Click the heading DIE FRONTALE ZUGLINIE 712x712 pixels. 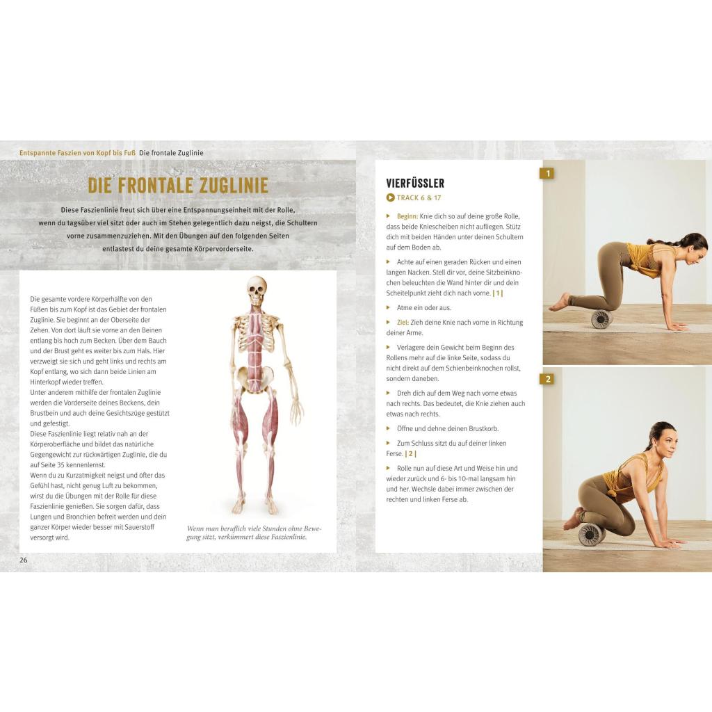coord(178,185)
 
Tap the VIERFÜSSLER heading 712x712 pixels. coord(415,184)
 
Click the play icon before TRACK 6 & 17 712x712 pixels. coord(390,197)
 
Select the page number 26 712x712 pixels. coord(24,560)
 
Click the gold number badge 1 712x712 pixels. coord(548,173)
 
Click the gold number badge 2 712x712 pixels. coord(548,379)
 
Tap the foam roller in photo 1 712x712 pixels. coord(601,318)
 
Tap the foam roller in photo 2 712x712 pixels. coord(590,534)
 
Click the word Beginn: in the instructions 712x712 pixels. coord(407,217)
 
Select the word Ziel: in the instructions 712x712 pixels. coord(403,323)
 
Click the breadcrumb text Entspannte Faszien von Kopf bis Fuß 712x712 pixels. coord(77,153)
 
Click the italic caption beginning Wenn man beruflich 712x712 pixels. coord(254,533)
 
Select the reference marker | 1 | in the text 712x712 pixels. coord(498,293)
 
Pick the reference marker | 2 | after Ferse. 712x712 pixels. coord(410,453)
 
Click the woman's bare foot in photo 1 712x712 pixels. coord(560,302)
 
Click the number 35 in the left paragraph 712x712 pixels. coord(61,465)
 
